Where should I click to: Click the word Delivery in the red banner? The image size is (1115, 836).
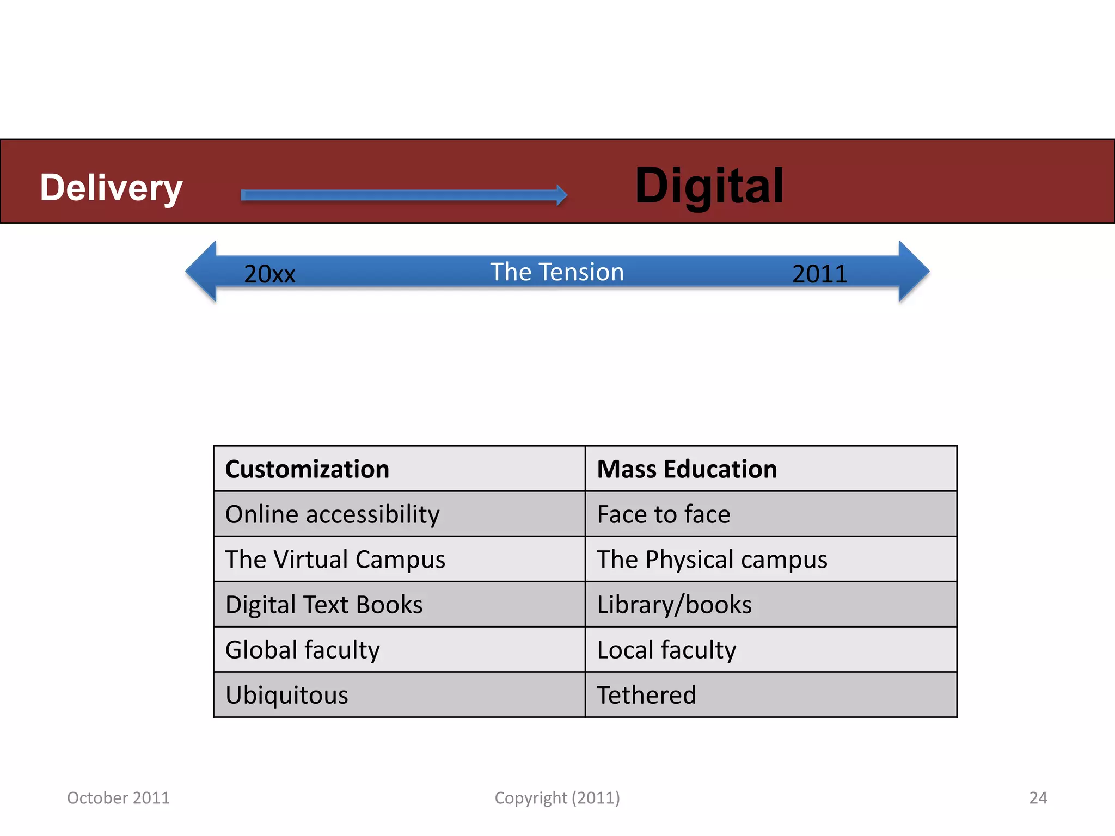tap(111, 188)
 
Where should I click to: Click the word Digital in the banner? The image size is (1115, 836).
tap(709, 186)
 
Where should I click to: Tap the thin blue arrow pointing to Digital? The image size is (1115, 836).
tap(403, 195)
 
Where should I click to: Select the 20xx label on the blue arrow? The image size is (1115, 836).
tap(269, 274)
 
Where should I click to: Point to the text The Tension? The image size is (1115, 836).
tap(557, 272)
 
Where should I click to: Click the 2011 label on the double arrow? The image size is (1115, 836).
tap(819, 274)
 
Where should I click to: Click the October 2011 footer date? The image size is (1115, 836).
tap(118, 798)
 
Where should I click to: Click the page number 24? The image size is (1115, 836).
tap(1038, 798)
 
